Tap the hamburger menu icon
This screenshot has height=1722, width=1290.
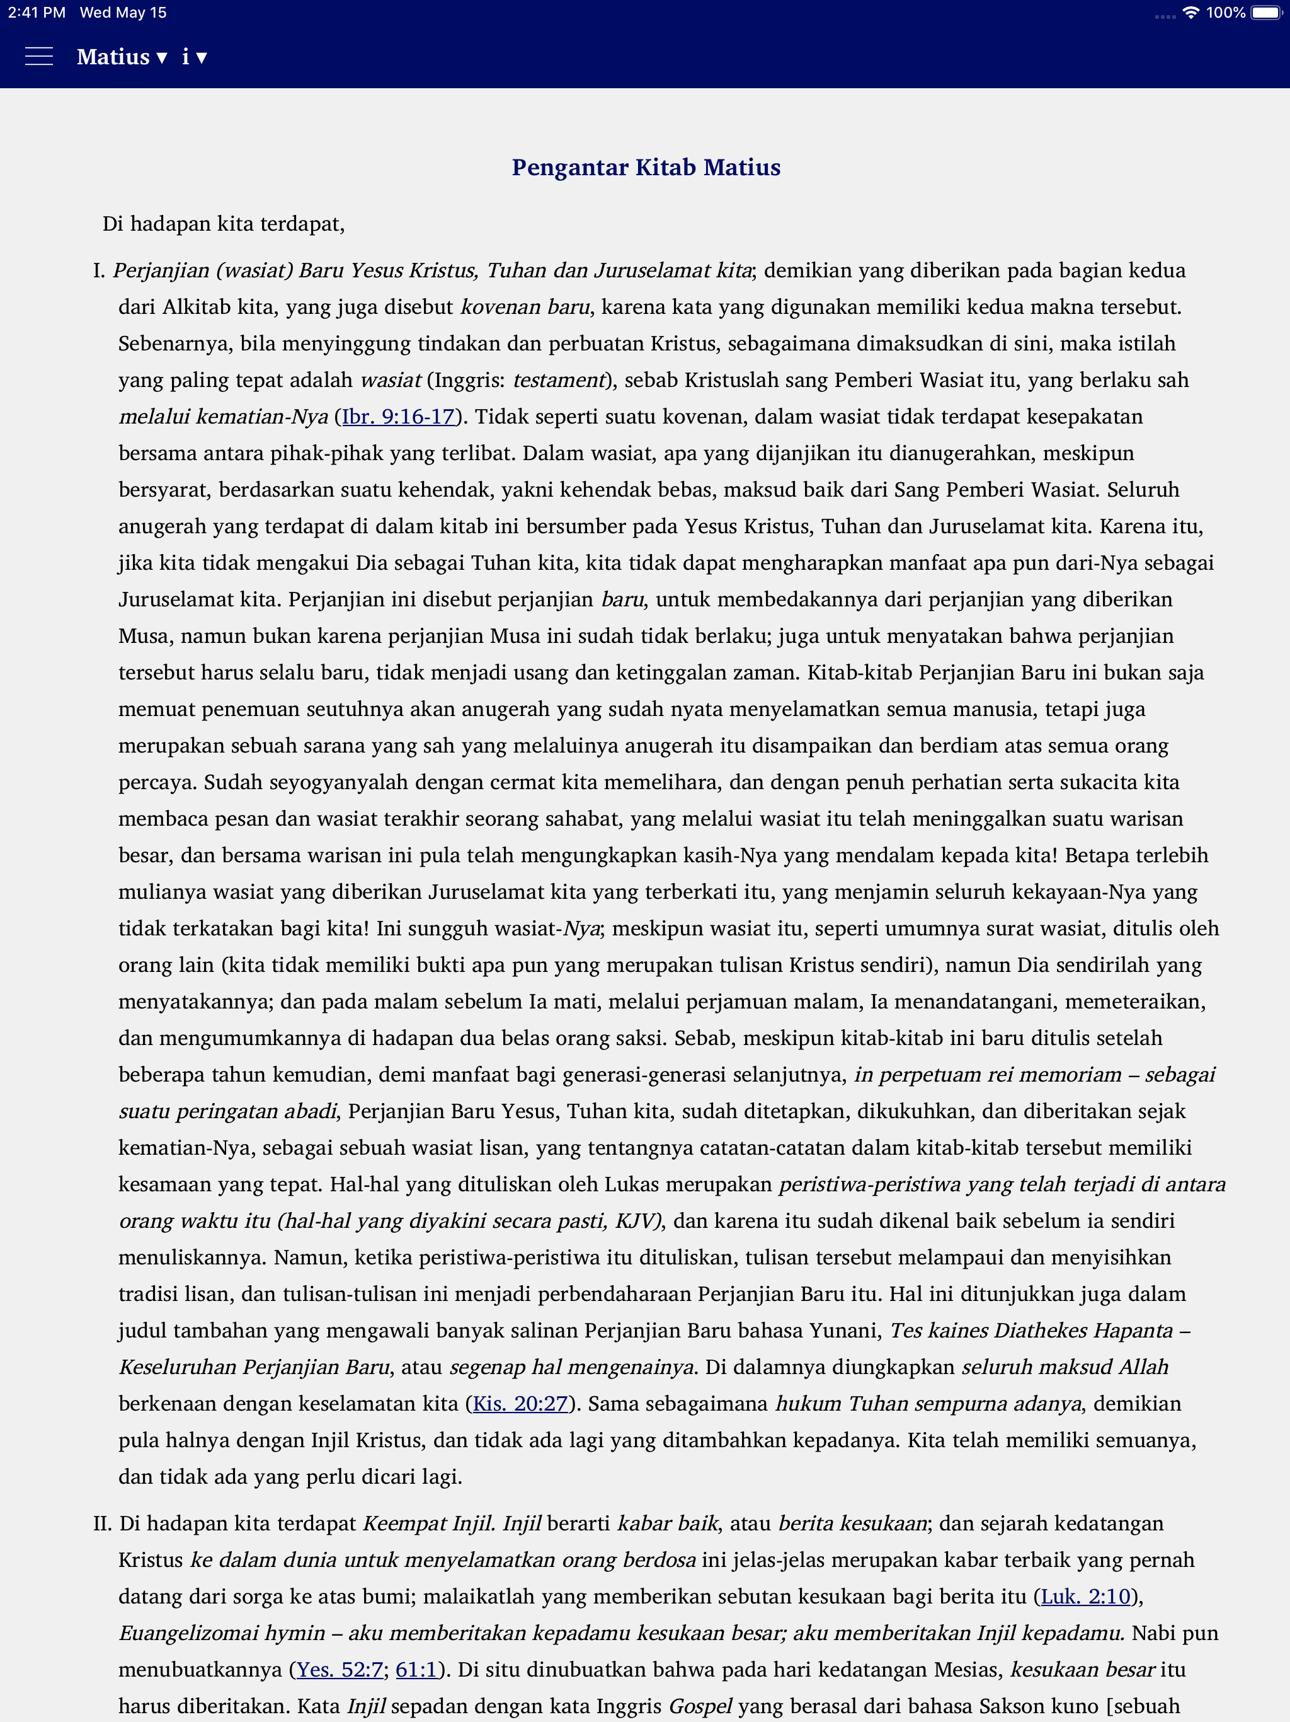39,57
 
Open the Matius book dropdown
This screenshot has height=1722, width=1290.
122,57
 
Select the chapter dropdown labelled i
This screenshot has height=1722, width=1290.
194,57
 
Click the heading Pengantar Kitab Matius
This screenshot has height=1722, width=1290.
646,168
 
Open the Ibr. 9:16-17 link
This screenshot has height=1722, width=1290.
398,417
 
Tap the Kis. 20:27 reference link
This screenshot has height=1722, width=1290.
520,1404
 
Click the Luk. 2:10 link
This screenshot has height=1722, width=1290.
1085,1597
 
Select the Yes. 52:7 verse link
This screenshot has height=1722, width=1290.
340,1670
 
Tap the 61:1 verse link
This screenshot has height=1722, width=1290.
417,1670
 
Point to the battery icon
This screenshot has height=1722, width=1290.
1266,13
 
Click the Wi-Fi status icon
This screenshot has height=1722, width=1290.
1190,13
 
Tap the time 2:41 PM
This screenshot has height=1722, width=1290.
37,13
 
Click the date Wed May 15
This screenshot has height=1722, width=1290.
123,13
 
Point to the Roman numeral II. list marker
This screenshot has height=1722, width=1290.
102,1523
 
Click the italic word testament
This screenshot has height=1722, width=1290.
559,380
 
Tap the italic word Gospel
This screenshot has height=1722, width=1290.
700,1706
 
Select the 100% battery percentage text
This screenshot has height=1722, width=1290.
1225,13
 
